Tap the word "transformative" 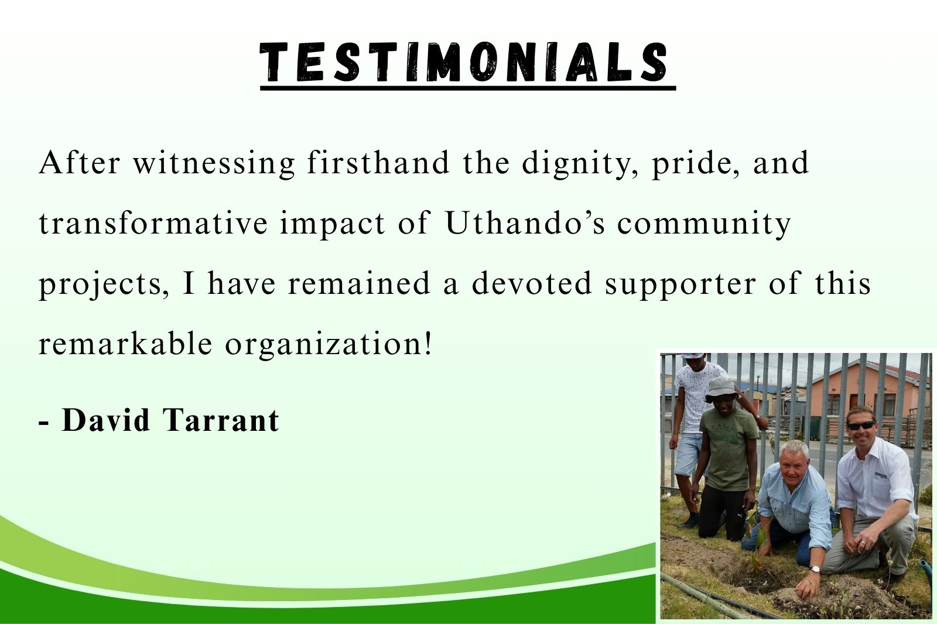click(153, 223)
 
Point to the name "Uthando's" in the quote click(525, 223)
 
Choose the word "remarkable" click(125, 344)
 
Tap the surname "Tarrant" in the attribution click(220, 420)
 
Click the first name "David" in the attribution click(106, 420)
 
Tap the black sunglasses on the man click(861, 426)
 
